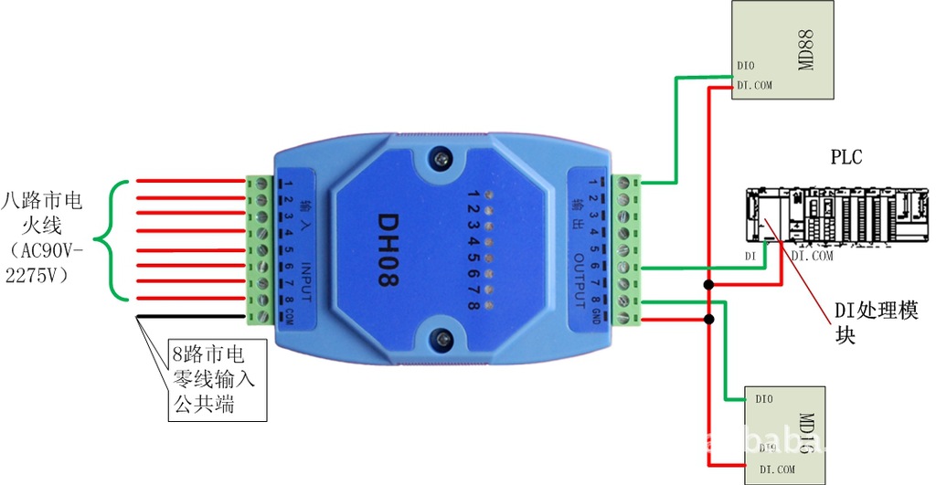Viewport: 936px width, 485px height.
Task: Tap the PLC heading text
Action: [x=846, y=157]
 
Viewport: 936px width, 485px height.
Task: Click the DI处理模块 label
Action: [x=875, y=322]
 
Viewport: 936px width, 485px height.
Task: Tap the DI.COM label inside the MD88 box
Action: [x=754, y=85]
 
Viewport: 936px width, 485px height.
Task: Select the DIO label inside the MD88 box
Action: [x=745, y=66]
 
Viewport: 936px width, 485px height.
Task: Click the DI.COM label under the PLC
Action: [x=812, y=257]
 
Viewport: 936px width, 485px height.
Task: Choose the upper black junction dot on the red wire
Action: [x=708, y=286]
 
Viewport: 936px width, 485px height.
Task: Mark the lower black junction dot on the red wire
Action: [x=708, y=319]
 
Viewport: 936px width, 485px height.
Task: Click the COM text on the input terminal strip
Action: [x=289, y=316]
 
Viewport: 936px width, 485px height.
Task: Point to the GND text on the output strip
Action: [x=595, y=316]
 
